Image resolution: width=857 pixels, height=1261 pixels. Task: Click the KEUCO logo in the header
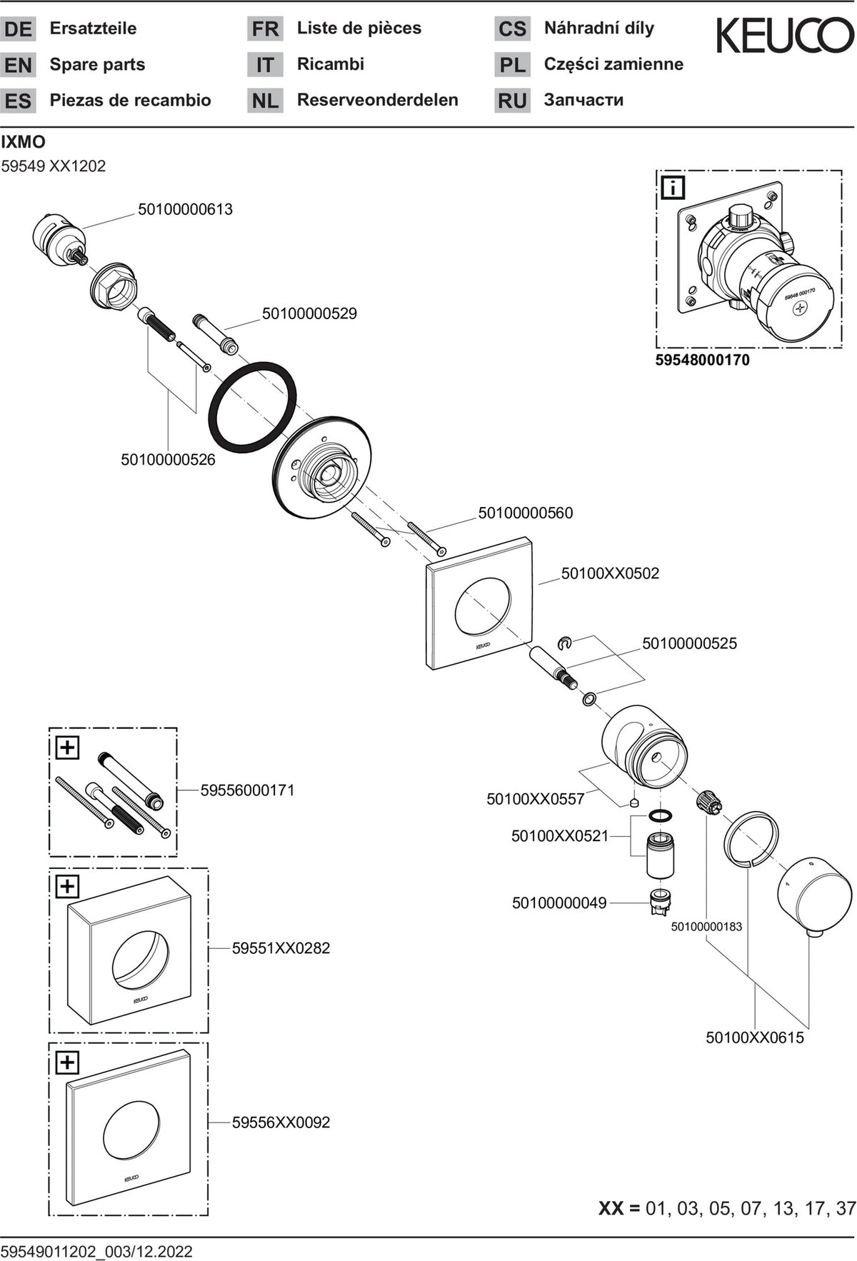pyautogui.click(x=785, y=36)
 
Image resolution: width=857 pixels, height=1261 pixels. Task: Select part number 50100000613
pyautogui.click(x=185, y=209)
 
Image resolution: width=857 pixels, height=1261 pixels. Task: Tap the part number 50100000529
pyautogui.click(x=309, y=313)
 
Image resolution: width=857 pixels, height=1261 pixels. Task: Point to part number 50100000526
pyautogui.click(x=168, y=460)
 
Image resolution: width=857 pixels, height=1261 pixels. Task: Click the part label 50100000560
pyautogui.click(x=526, y=513)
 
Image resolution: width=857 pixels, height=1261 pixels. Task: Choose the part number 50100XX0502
pyautogui.click(x=610, y=573)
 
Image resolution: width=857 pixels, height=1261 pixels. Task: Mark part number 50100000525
pyautogui.click(x=689, y=643)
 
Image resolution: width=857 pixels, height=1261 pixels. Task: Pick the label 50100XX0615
pyautogui.click(x=755, y=1038)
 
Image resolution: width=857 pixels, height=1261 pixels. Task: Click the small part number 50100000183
pyautogui.click(x=706, y=927)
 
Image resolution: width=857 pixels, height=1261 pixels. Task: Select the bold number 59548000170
pyautogui.click(x=703, y=360)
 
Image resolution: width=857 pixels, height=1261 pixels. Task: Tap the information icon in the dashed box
pyautogui.click(x=673, y=188)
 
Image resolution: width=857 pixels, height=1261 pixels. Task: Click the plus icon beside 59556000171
pyautogui.click(x=67, y=748)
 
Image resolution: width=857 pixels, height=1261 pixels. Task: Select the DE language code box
pyautogui.click(x=19, y=29)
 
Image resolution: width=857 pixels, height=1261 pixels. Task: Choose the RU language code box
pyautogui.click(x=513, y=101)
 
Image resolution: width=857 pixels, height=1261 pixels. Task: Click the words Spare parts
pyautogui.click(x=97, y=64)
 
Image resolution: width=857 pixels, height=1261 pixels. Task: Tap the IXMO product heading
pyautogui.click(x=24, y=142)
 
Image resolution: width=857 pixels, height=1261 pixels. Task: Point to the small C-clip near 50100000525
pyautogui.click(x=565, y=643)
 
